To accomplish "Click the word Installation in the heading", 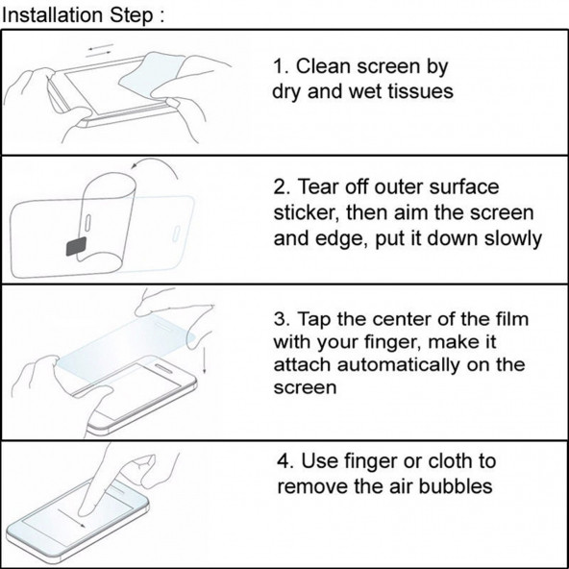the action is coord(52,15).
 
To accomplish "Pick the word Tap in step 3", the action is coord(314,320).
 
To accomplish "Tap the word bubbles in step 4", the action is coord(456,486).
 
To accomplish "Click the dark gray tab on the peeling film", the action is coord(76,247).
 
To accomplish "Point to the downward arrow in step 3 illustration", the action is coord(205,359).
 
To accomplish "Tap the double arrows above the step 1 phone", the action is coord(100,50).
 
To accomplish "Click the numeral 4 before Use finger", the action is coord(283,461).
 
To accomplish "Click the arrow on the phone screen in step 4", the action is coord(71,518).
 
